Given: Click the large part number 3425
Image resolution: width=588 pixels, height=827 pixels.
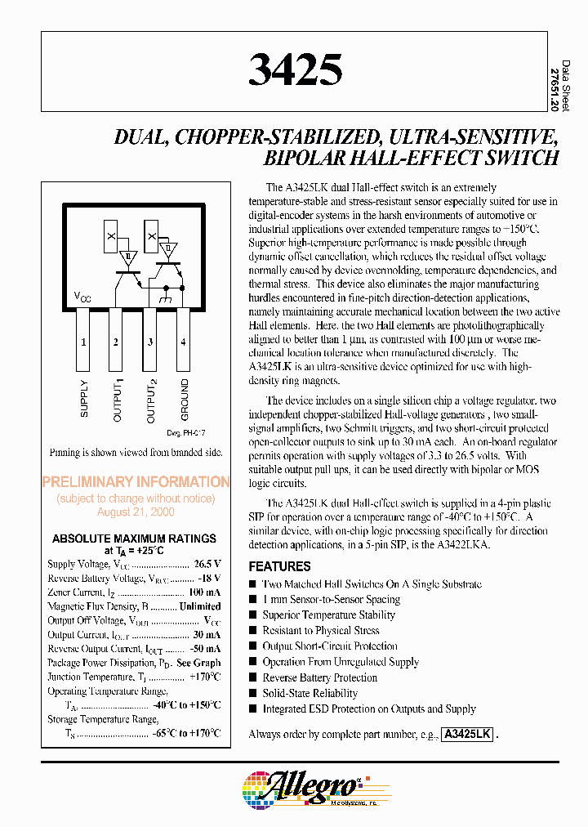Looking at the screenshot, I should (x=296, y=70).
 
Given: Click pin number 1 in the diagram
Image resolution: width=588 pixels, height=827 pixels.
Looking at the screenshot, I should (x=82, y=342).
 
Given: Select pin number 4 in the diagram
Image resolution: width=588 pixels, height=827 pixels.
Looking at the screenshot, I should (x=183, y=342).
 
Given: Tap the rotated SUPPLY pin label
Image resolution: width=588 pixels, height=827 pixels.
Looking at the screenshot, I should (x=84, y=398).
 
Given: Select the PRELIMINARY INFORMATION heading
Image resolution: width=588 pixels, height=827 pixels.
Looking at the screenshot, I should (x=136, y=482).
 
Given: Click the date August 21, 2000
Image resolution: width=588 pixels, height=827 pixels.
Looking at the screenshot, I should (x=136, y=512).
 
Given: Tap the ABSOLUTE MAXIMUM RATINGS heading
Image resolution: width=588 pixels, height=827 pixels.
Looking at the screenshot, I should (x=135, y=539).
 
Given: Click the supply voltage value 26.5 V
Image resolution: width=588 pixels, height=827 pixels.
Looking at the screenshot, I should (x=207, y=564).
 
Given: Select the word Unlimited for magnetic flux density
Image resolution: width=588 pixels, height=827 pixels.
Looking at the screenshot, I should (x=200, y=606).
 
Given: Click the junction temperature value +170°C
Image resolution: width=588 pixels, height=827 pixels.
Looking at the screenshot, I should (x=204, y=677).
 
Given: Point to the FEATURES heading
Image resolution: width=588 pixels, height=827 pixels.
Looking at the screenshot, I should (x=279, y=566).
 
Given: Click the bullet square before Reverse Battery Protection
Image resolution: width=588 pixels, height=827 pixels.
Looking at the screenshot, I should (x=253, y=678).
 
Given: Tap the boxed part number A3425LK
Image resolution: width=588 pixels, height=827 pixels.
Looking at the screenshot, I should (x=467, y=735).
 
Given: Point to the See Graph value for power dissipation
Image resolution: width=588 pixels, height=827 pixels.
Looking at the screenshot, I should (x=198, y=663).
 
